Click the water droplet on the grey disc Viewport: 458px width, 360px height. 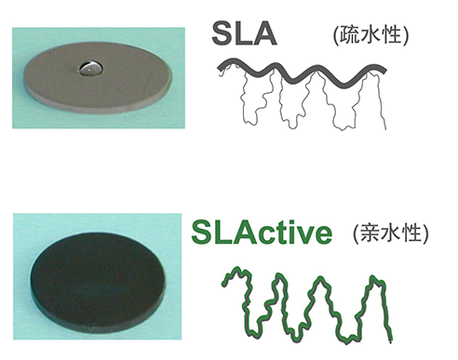[x=90, y=68]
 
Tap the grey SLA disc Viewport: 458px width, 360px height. [x=98, y=77]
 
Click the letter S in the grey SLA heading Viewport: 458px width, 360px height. [x=223, y=33]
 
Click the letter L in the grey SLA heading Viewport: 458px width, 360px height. [x=243, y=33]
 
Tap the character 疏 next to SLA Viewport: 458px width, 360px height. [x=349, y=34]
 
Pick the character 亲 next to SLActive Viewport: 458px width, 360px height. [x=370, y=233]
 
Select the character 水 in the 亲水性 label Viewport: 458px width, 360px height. [x=390, y=233]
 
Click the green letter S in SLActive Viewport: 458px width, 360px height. [x=202, y=232]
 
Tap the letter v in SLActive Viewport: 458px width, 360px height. [x=303, y=234]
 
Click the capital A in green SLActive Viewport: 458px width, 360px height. [x=241, y=232]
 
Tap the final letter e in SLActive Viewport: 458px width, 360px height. [x=322, y=235]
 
